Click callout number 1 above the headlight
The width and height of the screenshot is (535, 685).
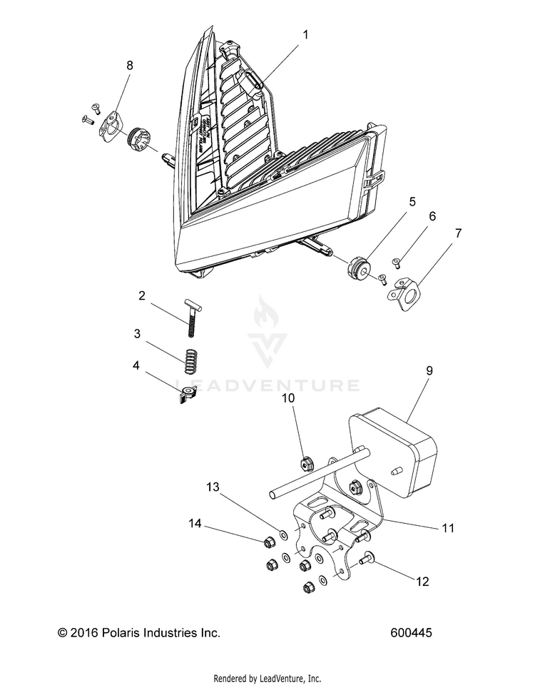point(305,34)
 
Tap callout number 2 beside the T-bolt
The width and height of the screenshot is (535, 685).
point(142,295)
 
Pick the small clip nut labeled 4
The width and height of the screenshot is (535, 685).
point(189,392)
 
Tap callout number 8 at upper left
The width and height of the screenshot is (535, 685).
point(130,65)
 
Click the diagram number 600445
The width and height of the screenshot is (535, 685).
point(412,633)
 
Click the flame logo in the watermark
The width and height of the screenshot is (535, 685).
point(267,327)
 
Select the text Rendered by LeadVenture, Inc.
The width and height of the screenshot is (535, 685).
point(267,678)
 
